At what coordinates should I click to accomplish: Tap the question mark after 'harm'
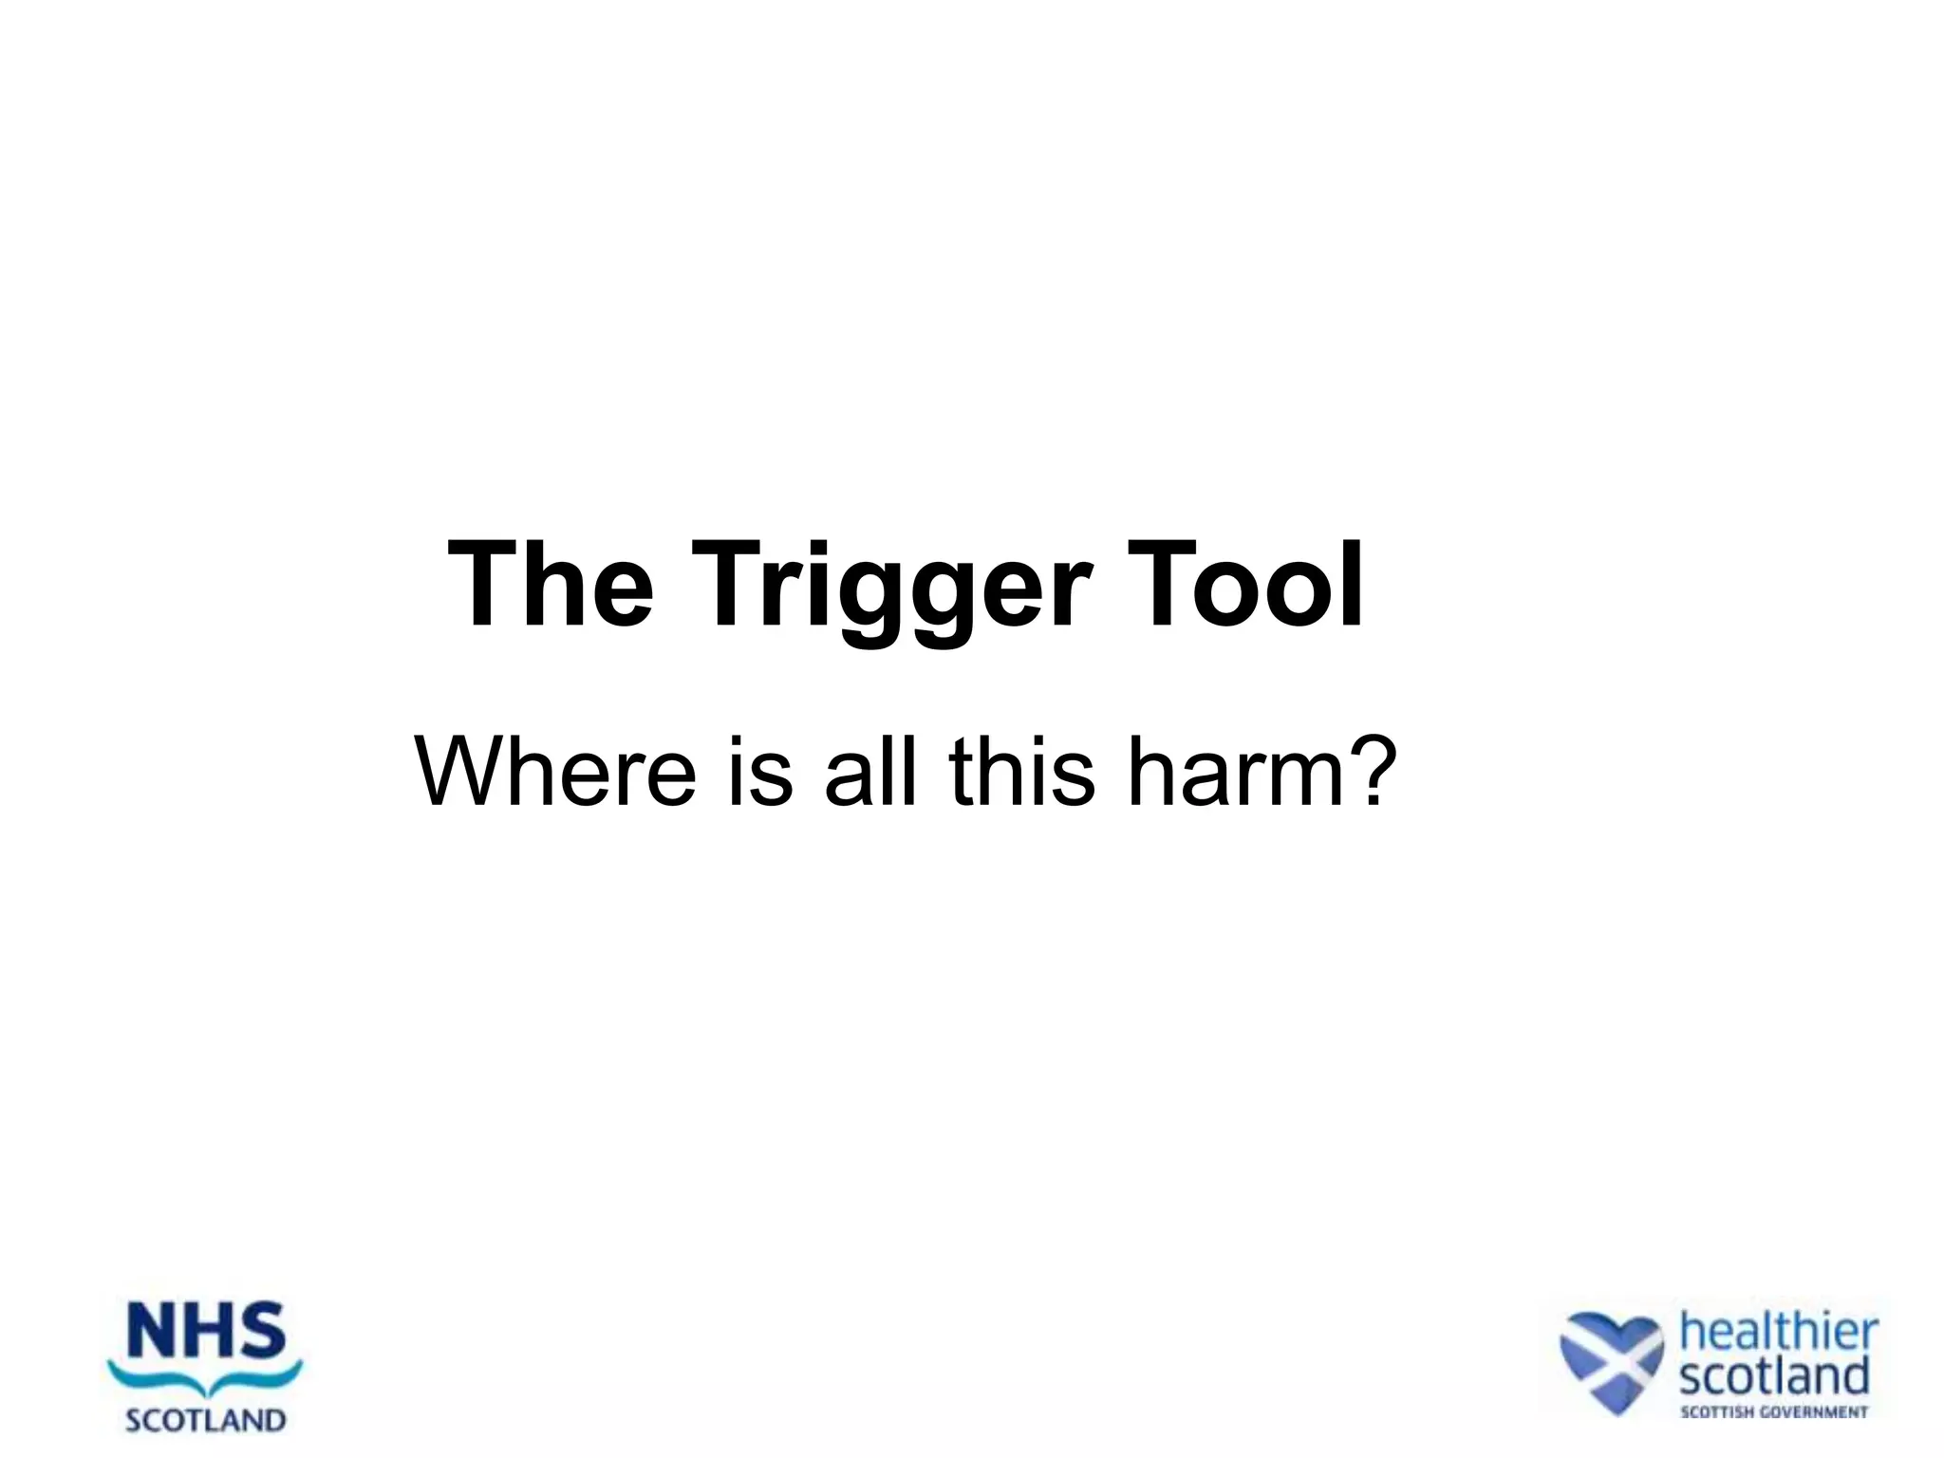[1373, 771]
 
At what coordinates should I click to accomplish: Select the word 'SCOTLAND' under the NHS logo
[206, 1420]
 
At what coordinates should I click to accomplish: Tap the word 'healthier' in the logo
[1779, 1333]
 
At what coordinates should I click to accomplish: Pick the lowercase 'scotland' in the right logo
[1773, 1375]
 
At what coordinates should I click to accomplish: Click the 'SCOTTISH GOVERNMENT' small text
[1773, 1411]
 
